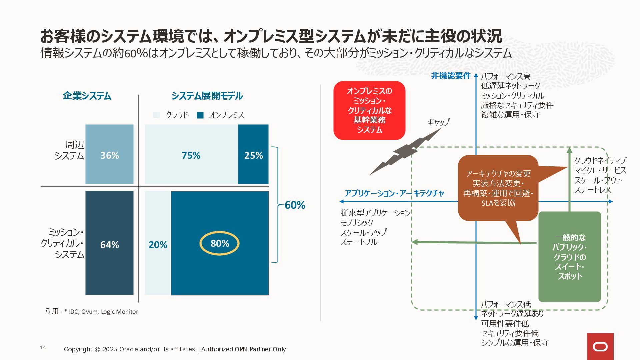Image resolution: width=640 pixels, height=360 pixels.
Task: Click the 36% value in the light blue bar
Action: point(110,155)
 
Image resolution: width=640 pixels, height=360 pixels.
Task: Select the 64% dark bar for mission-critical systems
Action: point(110,245)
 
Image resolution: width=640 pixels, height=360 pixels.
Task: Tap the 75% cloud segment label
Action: point(191,155)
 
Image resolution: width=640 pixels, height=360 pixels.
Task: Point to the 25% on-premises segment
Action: point(253,155)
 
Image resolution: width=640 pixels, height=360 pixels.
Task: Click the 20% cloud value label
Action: point(158,245)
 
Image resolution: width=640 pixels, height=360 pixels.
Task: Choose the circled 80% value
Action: point(220,243)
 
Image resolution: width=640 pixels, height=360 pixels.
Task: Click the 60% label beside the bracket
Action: point(295,205)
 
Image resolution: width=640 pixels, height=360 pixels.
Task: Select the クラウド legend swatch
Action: point(156,115)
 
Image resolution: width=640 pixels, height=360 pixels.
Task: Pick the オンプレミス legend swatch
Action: point(200,115)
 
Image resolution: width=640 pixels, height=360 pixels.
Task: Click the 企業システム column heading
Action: point(87,96)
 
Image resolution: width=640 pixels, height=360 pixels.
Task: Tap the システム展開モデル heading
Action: point(207,96)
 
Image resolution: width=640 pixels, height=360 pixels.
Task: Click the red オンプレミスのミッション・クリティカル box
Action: point(369,110)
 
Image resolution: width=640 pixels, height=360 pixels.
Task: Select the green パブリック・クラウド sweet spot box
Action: point(570,257)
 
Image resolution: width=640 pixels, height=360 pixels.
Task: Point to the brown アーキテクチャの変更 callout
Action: point(498,188)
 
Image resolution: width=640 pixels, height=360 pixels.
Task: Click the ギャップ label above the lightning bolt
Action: point(438,122)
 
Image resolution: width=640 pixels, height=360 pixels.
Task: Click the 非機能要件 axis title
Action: point(451,76)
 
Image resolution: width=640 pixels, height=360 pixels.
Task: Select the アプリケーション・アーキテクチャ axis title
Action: point(394,193)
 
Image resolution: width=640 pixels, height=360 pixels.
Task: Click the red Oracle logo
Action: point(600,347)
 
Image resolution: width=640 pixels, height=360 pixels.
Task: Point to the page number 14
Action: point(43,348)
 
